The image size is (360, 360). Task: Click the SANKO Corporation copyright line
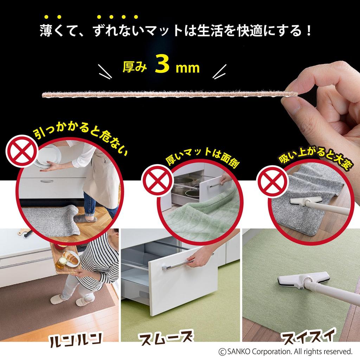pyautogui.click(x=285, y=352)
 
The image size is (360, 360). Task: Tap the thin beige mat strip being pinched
pyautogui.click(x=169, y=95)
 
